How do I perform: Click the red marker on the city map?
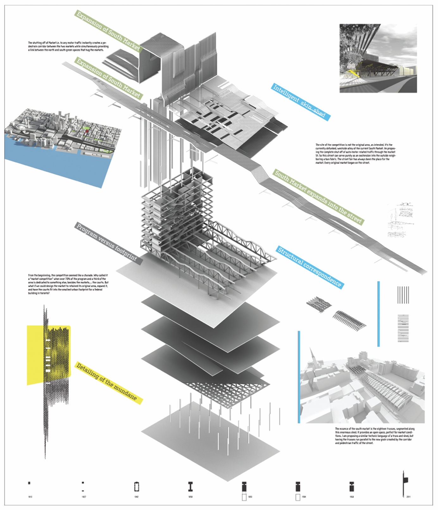[x=86, y=131]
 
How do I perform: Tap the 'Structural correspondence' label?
[x=310, y=267]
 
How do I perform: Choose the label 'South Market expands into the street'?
[x=318, y=197]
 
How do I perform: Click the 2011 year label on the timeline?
[x=408, y=497]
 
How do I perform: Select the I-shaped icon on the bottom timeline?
[x=190, y=487]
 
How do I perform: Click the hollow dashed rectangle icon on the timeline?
[x=137, y=487]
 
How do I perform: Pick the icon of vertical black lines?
[x=403, y=295]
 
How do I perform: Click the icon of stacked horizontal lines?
[x=403, y=328]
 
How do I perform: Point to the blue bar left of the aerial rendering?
[x=299, y=377]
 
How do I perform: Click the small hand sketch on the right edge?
[x=400, y=220]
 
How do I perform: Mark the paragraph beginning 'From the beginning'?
[x=68, y=284]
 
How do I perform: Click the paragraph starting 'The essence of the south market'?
[x=374, y=436]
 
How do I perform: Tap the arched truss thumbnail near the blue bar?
[x=349, y=319]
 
